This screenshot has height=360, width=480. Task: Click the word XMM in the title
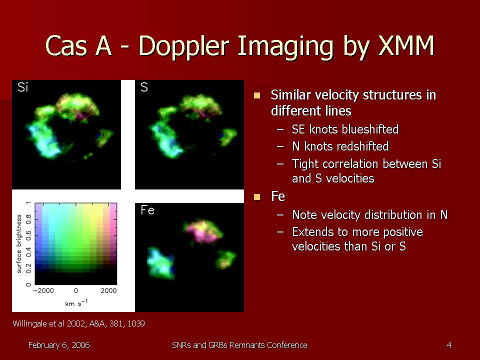coord(406,46)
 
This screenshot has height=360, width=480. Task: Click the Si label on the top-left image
coord(22,87)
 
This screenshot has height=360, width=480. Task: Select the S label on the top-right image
coord(144,87)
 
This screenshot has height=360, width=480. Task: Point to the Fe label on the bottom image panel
coord(147,210)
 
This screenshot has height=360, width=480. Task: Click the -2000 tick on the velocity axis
coord(43,290)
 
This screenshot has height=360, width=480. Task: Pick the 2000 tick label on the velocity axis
coord(108,290)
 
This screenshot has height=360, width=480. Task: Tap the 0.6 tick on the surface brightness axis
coord(28,235)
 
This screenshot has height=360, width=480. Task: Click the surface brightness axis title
coord(19,243)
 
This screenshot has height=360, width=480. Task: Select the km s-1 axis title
coord(76,303)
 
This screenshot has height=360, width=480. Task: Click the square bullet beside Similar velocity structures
coord(257,95)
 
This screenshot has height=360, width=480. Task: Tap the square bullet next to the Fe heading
coord(257,197)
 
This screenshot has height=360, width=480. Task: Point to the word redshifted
coord(361,146)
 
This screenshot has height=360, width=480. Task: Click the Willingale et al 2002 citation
coord(78,323)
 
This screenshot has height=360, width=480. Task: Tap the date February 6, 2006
coord(59,345)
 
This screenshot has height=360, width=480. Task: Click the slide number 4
coord(449,345)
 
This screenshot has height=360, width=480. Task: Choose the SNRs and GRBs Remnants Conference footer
coord(239,345)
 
